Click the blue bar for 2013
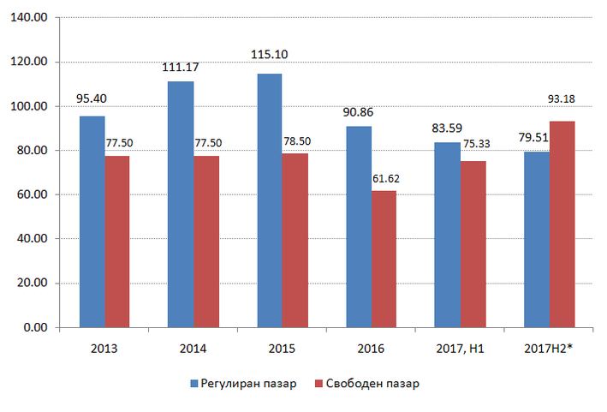click(x=92, y=222)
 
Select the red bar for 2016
click(x=384, y=259)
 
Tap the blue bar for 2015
click(x=270, y=200)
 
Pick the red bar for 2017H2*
click(x=562, y=224)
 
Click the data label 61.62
click(x=385, y=178)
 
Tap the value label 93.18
click(x=562, y=99)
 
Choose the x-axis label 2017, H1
click(x=460, y=349)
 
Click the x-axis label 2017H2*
click(x=547, y=349)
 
